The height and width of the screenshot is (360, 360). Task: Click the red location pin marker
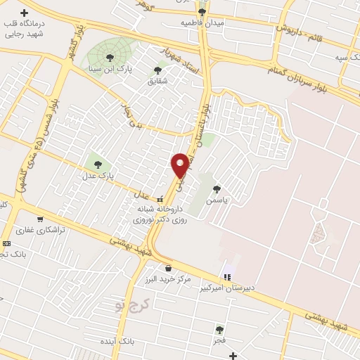tap(180, 165)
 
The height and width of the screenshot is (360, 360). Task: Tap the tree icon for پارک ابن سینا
tap(108, 58)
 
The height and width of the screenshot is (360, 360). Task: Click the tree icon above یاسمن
tap(217, 188)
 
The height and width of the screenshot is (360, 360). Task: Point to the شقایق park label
tap(157, 81)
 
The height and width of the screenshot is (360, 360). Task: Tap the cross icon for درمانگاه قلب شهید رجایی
tap(25, 13)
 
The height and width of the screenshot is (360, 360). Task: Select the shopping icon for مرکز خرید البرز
tap(167, 268)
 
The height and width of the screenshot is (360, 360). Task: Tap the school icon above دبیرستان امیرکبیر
tap(226, 276)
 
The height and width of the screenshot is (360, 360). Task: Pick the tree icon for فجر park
tap(220, 328)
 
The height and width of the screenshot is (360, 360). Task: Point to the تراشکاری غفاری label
tap(41, 230)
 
